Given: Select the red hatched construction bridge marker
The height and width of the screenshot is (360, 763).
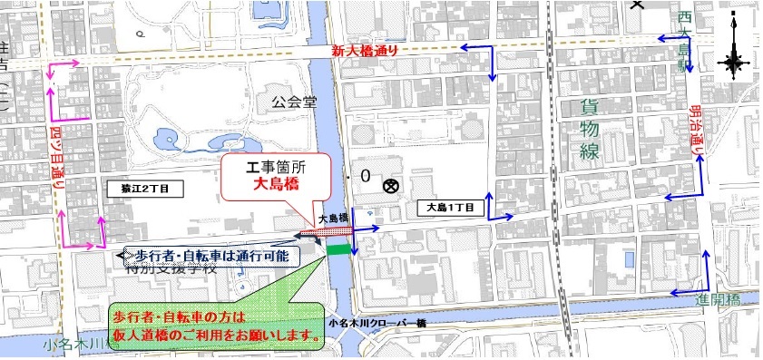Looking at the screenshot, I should coord(322,233).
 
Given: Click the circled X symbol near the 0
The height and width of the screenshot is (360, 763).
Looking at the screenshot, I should coord(391,187).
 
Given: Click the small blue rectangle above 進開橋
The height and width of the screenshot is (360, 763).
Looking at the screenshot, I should coord(630,259).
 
